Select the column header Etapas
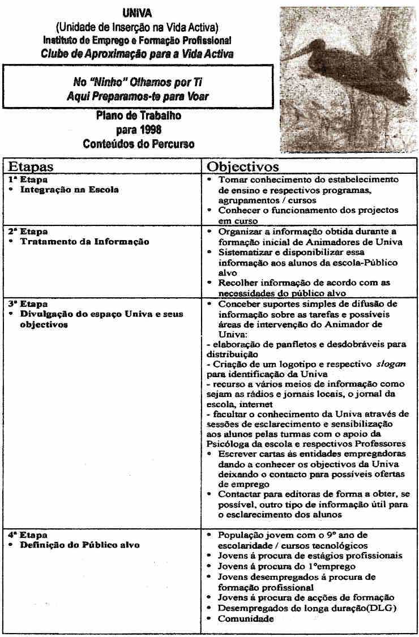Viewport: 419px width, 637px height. [31, 166]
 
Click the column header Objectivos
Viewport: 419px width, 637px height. [243, 166]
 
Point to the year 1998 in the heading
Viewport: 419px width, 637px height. [138, 130]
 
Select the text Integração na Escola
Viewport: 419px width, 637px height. [70, 190]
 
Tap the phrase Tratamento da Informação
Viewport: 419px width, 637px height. [85, 242]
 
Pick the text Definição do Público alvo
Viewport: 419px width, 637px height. [80, 545]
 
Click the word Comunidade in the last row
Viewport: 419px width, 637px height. [246, 619]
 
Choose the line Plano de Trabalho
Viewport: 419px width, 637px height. [138, 117]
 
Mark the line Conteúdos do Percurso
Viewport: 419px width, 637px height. [138, 144]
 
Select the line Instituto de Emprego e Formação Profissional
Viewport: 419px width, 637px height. [137, 41]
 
